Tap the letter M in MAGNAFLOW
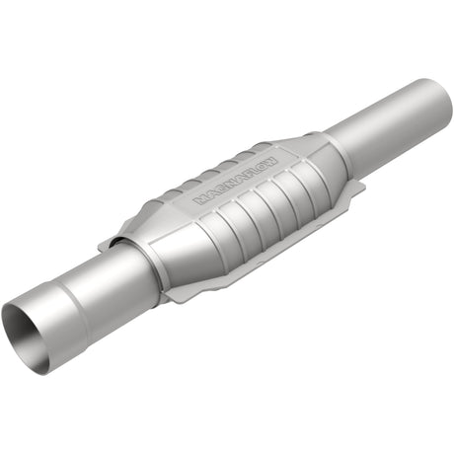200,197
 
